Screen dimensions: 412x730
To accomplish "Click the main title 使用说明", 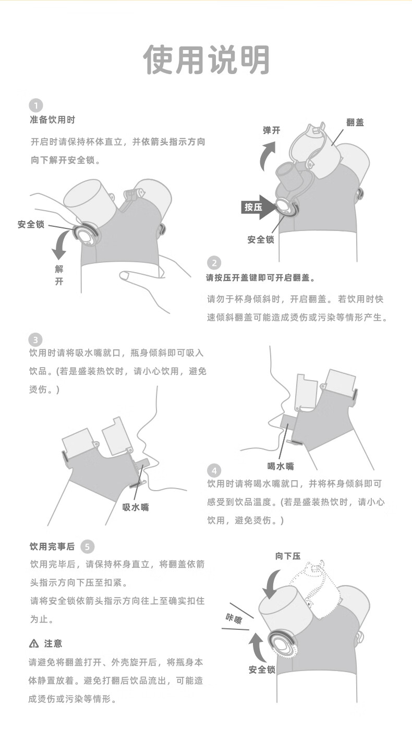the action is [x=206, y=60].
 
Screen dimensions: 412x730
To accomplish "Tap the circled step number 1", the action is [x=35, y=104].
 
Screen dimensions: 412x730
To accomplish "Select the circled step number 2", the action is [x=214, y=263].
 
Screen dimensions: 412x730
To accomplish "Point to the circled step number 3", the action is [x=35, y=340].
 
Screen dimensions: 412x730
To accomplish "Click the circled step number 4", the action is [x=214, y=469].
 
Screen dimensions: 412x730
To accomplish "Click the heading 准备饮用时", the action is [x=52, y=120].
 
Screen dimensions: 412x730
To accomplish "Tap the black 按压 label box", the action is [x=253, y=208].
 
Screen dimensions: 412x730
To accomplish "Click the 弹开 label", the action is [x=271, y=130].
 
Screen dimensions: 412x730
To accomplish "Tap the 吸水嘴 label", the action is [x=136, y=507].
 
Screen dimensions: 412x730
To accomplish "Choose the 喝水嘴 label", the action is [x=281, y=466].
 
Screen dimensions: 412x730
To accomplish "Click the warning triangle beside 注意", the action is [x=34, y=643].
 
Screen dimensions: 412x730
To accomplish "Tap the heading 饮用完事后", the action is [x=52, y=547].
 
